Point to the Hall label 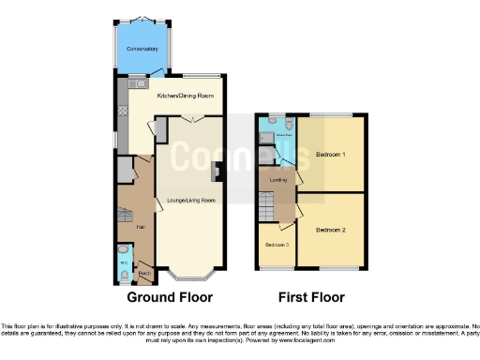pyautogui.click(x=141, y=227)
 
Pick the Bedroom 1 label pyautogui.click(x=330, y=153)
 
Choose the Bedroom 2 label pyautogui.click(x=330, y=230)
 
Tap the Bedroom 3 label pyautogui.click(x=276, y=245)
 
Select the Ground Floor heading pyautogui.click(x=170, y=297)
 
